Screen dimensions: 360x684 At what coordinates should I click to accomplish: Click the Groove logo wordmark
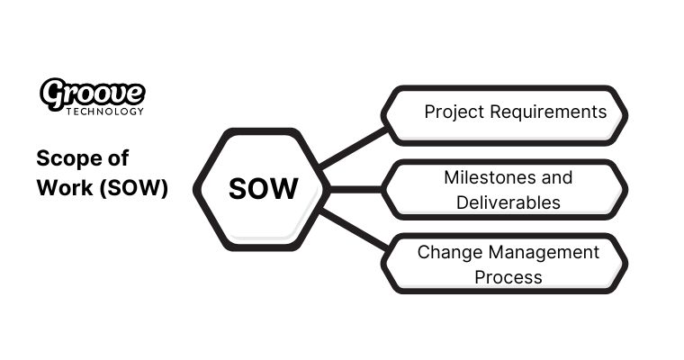click(93, 93)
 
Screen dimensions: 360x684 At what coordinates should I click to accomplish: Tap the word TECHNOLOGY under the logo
click(103, 112)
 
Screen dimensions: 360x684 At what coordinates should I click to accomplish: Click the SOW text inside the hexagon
click(263, 190)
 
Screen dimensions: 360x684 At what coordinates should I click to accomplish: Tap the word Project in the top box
click(454, 112)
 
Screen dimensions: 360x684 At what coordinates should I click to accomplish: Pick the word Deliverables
click(508, 202)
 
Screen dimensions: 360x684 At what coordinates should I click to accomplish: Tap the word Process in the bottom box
click(508, 276)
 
